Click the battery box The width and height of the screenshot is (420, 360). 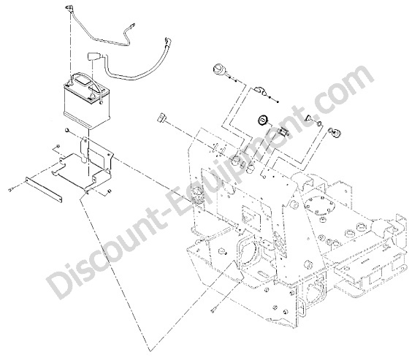coord(87,102)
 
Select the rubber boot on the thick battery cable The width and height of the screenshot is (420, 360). coord(93,57)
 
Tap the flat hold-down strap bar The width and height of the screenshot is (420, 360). coord(44,189)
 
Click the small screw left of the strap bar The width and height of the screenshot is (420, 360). coord(11,190)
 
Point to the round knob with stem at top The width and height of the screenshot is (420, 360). coord(219,68)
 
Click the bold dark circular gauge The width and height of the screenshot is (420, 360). coord(262,120)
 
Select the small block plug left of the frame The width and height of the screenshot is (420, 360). coord(161,118)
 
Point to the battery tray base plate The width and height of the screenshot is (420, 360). coord(83,172)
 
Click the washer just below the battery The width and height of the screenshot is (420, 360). coord(67,131)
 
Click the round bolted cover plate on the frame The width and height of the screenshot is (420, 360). coord(318,204)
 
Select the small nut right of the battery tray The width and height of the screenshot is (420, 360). coord(109,191)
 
